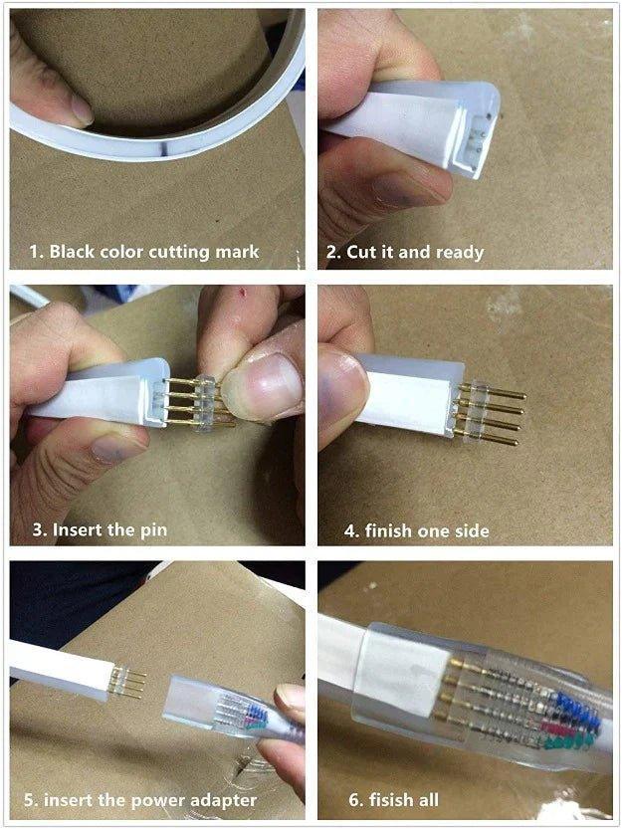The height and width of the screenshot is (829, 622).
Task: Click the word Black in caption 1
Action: pyautogui.click(x=75, y=251)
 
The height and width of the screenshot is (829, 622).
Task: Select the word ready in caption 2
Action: pyautogui.click(x=460, y=252)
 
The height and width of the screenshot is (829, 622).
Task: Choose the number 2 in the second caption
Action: pyautogui.click(x=333, y=252)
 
